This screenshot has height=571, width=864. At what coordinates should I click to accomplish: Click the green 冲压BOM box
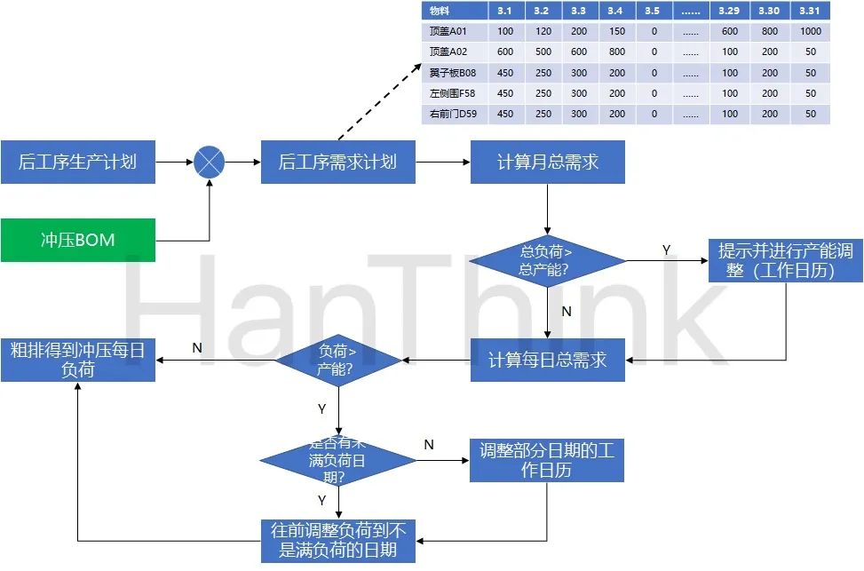[78, 240]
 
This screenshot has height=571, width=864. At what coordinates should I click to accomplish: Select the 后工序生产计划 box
[78, 163]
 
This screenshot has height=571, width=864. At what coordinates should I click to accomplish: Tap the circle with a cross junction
[210, 163]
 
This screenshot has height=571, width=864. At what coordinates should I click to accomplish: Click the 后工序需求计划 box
[337, 163]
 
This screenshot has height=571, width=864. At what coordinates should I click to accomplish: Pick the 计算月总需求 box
[547, 163]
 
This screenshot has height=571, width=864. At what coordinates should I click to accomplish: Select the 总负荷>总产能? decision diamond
[547, 261]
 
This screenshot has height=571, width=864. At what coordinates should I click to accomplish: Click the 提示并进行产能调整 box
[785, 261]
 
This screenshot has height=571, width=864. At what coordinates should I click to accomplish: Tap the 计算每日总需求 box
[547, 360]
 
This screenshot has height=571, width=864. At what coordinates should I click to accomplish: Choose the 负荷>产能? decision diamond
[337, 360]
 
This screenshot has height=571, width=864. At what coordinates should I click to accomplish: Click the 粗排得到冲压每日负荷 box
[78, 360]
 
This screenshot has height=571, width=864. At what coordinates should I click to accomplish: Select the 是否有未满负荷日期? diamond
[337, 460]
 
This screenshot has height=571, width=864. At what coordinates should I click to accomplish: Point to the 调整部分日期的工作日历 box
[547, 460]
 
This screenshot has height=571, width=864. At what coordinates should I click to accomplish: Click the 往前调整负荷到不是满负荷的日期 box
[337, 540]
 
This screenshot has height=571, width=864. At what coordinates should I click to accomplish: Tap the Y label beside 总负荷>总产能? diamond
[666, 250]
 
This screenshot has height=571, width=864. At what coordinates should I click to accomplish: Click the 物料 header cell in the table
[439, 11]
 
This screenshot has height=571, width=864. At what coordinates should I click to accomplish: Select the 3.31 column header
[810, 11]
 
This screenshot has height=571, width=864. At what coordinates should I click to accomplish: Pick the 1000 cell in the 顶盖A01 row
[810, 31]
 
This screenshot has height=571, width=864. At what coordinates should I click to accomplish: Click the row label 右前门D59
[453, 114]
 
